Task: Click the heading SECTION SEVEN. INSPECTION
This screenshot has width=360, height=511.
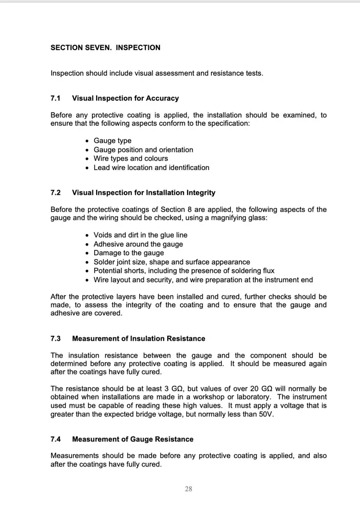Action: (105, 48)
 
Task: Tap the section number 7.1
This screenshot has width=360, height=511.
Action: (56, 98)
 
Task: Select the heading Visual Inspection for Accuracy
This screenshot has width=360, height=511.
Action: (125, 98)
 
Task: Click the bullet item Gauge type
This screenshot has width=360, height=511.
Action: (112, 141)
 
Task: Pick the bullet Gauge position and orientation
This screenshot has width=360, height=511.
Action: (143, 150)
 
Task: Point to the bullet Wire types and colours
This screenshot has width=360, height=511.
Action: (130, 158)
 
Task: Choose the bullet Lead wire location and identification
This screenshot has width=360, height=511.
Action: (151, 168)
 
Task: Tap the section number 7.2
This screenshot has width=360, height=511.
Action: (56, 193)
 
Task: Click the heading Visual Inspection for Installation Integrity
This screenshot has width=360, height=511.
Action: (144, 193)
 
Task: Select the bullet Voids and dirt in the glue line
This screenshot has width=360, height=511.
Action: (140, 235)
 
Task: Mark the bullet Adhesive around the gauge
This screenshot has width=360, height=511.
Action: (138, 244)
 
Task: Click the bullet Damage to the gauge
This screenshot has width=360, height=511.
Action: (129, 253)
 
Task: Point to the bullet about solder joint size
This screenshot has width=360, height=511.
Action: (172, 262)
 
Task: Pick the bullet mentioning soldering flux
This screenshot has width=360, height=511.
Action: (184, 271)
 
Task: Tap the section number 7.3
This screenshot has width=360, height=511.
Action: (56, 338)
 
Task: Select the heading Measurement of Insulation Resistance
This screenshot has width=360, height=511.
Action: (139, 338)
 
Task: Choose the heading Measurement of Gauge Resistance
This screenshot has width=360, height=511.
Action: (133, 439)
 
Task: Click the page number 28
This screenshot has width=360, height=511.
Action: (188, 489)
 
